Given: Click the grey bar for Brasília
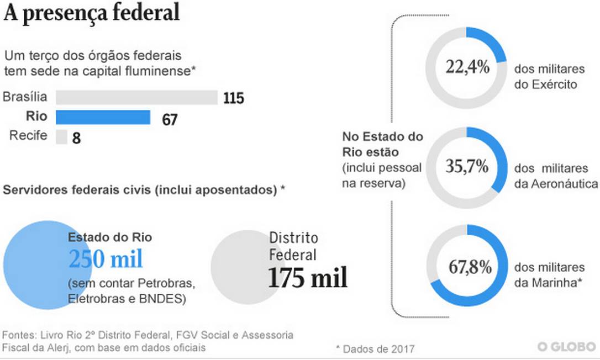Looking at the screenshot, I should pyautogui.click(x=137, y=98).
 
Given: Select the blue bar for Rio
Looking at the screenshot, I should pyautogui.click(x=103, y=117).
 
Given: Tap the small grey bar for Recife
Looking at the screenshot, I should pyautogui.click(x=61, y=136).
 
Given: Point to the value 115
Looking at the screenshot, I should pyautogui.click(x=234, y=99).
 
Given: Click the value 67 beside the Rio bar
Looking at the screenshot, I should pyautogui.click(x=170, y=119).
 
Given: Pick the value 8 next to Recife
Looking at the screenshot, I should pyautogui.click(x=76, y=138).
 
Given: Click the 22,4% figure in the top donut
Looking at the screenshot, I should pyautogui.click(x=467, y=68).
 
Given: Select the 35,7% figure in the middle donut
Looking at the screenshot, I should pyautogui.click(x=467, y=166).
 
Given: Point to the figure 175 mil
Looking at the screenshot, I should pyautogui.click(x=308, y=278).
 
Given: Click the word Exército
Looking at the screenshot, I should pyautogui.click(x=554, y=84).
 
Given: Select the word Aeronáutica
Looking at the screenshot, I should pyautogui.click(x=565, y=183).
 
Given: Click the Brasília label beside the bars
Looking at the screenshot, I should pyautogui.click(x=25, y=98).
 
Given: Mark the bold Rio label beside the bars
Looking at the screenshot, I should pyautogui.click(x=37, y=117).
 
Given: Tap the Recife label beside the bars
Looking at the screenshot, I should pyautogui.click(x=28, y=135).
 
